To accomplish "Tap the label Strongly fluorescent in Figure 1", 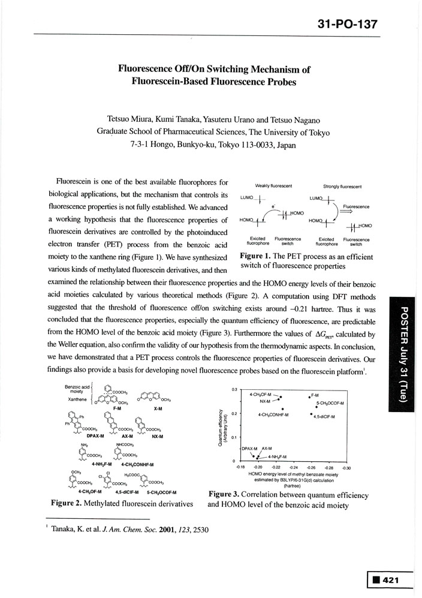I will point(342,186).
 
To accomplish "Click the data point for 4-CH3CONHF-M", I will point(282,409).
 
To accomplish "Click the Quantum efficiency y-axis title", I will point(222,425).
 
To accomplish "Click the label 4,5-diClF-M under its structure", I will point(124,491).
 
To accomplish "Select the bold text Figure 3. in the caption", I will point(224,495).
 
